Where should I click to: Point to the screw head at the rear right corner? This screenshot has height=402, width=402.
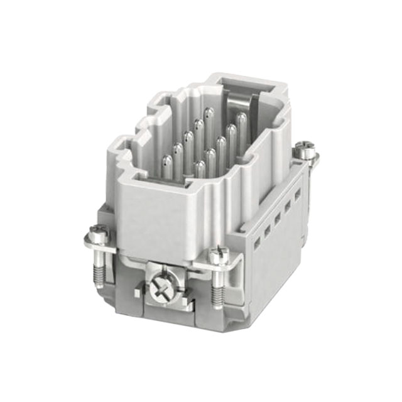(x=306, y=151)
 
